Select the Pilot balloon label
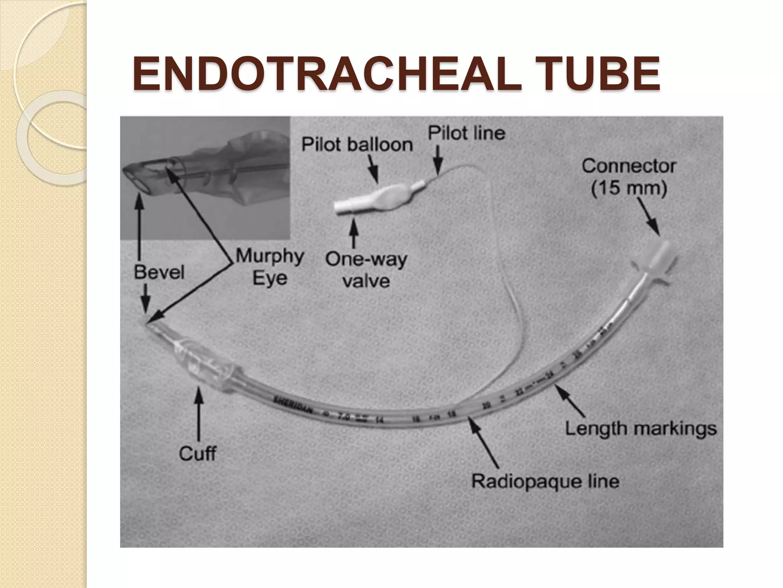tap(357, 145)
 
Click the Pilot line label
tap(466, 133)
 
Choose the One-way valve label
tap(366, 270)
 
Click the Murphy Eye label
tap(270, 266)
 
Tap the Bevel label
tap(159, 273)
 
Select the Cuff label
tap(197, 454)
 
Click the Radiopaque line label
tap(545, 481)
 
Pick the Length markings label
tap(641, 429)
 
